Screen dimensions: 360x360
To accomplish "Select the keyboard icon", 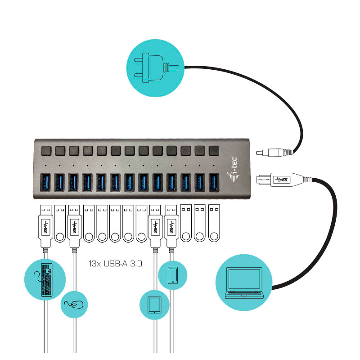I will [x=45, y=279].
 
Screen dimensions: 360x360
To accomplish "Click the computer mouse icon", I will [x=74, y=305].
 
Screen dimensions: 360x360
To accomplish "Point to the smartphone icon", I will [x=173, y=275].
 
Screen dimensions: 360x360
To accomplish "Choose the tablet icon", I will [x=154, y=304].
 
